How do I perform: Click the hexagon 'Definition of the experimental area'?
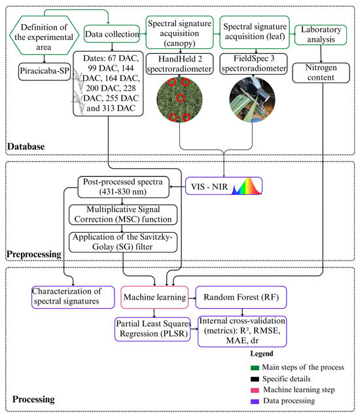click(x=44, y=35)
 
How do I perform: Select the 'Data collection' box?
click(x=112, y=34)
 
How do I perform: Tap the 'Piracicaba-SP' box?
click(x=45, y=71)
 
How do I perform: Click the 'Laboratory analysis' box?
click(x=321, y=35)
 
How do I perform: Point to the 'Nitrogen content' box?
click(x=321, y=73)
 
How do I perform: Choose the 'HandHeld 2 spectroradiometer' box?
click(x=179, y=63)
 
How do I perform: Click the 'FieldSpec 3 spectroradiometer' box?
click(x=253, y=63)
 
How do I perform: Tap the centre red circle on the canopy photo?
click(x=180, y=98)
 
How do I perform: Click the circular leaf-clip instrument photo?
click(x=252, y=99)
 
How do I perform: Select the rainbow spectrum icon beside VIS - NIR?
click(x=247, y=186)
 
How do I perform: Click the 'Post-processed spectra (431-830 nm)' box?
click(x=123, y=187)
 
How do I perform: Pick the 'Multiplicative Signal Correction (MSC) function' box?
click(x=123, y=215)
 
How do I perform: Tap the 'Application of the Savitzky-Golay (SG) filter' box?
click(x=123, y=242)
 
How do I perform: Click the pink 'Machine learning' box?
click(x=154, y=297)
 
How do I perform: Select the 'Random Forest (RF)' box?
click(x=241, y=297)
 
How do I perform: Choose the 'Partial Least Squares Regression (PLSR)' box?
click(x=153, y=329)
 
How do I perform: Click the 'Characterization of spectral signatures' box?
click(x=73, y=297)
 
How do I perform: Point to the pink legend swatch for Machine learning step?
click(x=255, y=390)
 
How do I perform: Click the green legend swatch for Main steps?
click(x=255, y=368)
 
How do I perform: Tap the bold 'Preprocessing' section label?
click(x=34, y=254)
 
